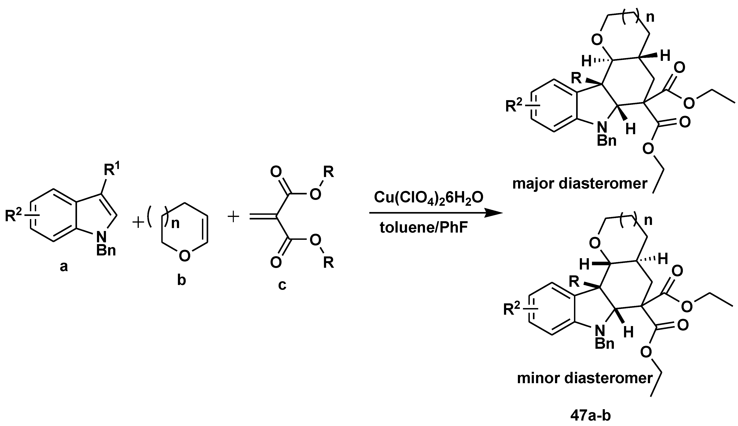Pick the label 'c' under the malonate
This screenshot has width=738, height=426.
point(282,285)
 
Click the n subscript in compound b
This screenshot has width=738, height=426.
point(175,224)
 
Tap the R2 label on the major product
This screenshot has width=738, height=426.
point(514,106)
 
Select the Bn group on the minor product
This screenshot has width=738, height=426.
point(605,344)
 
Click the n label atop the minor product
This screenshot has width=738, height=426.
point(648,221)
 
